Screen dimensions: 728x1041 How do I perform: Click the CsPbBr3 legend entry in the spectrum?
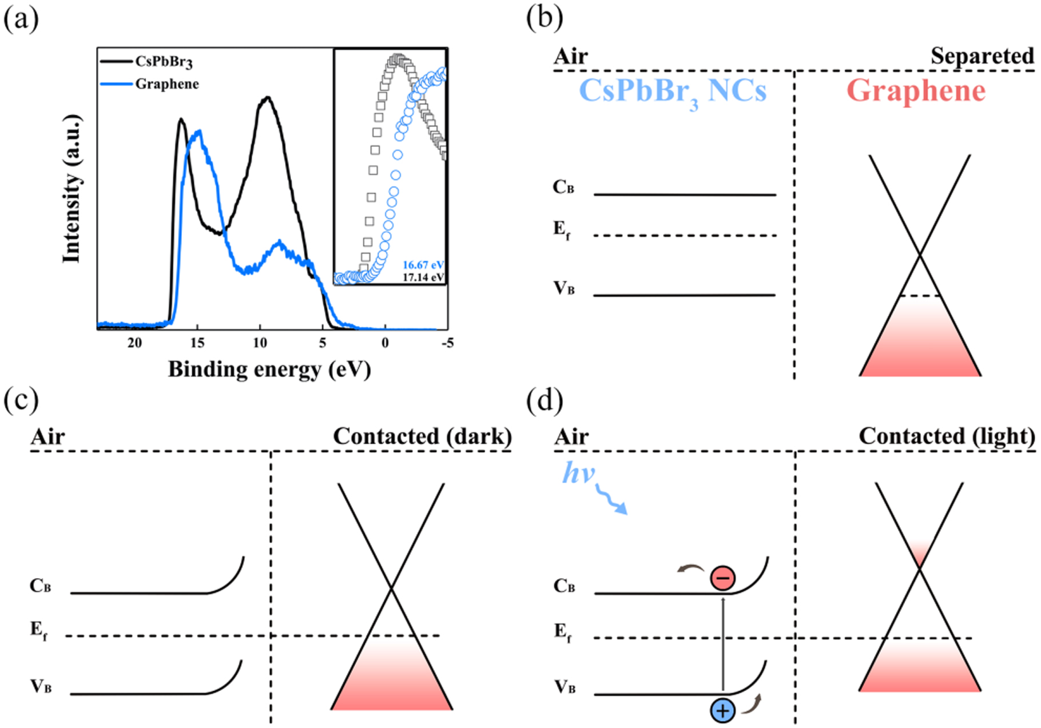coord(164,62)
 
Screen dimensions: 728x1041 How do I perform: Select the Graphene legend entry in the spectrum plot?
coord(166,84)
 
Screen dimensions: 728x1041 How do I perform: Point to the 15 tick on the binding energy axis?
coord(197,343)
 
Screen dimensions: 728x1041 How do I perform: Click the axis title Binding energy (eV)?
coord(269,369)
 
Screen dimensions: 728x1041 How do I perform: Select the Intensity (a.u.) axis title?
coord(72,189)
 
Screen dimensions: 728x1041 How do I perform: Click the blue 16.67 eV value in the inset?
coord(423,265)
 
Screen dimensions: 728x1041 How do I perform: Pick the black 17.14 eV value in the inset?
coord(423,277)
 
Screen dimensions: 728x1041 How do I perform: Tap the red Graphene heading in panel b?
coord(916,90)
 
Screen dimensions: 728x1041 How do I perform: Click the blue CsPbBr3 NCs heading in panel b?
coord(673,92)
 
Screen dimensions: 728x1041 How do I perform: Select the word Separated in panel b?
coord(982,56)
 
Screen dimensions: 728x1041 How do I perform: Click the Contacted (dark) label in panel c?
coord(422,436)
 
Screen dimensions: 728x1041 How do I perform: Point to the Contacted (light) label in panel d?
coord(947,436)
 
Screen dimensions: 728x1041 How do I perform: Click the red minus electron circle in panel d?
coord(723,578)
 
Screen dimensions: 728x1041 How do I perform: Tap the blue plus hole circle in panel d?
coord(722,711)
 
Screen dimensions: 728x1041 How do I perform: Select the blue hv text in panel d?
coord(578,473)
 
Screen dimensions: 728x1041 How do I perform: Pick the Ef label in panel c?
coord(39,631)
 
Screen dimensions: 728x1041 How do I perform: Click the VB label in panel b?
coord(563,288)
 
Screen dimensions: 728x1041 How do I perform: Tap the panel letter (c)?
coord(21,400)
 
